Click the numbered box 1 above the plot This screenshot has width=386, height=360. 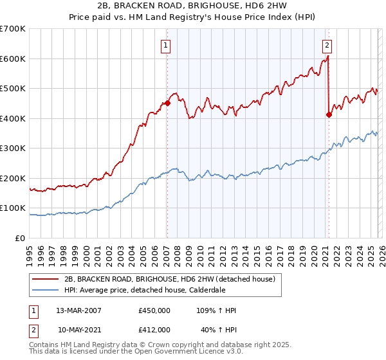pyautogui.click(x=166, y=45)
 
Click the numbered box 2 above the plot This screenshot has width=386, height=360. pyautogui.click(x=327, y=45)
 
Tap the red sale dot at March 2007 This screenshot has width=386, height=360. pyautogui.click(x=167, y=103)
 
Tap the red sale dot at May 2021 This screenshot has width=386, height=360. pyautogui.click(x=329, y=114)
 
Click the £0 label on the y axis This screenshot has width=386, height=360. pyautogui.click(x=21, y=238)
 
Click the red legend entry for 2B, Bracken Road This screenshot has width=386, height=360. pyautogui.click(x=170, y=278)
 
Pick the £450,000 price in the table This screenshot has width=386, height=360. pyautogui.click(x=154, y=310)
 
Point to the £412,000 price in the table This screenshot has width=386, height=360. pyautogui.click(x=154, y=329)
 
